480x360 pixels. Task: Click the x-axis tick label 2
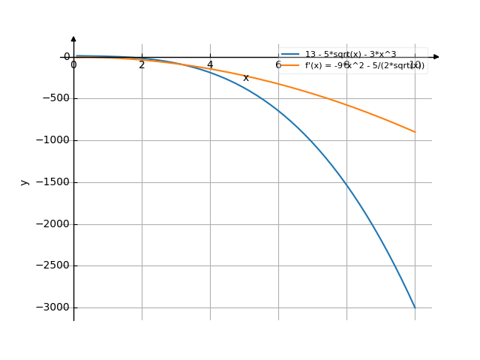[x=142, y=65]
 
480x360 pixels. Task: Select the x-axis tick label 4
[x=210, y=65]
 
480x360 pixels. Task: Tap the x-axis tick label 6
[x=278, y=65]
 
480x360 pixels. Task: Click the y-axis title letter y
[x=25, y=181]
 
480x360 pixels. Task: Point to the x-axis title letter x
[x=246, y=78]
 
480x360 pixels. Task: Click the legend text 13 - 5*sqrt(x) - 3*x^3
[x=349, y=55]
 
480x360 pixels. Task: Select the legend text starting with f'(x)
[x=364, y=66]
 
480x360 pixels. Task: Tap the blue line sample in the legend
[x=290, y=55]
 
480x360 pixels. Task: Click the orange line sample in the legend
[x=290, y=66]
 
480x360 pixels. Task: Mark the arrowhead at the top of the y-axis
[x=73, y=38]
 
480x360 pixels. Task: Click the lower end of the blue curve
[x=415, y=307]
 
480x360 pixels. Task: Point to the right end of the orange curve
[x=415, y=132]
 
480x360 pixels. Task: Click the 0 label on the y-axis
[x=67, y=57]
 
